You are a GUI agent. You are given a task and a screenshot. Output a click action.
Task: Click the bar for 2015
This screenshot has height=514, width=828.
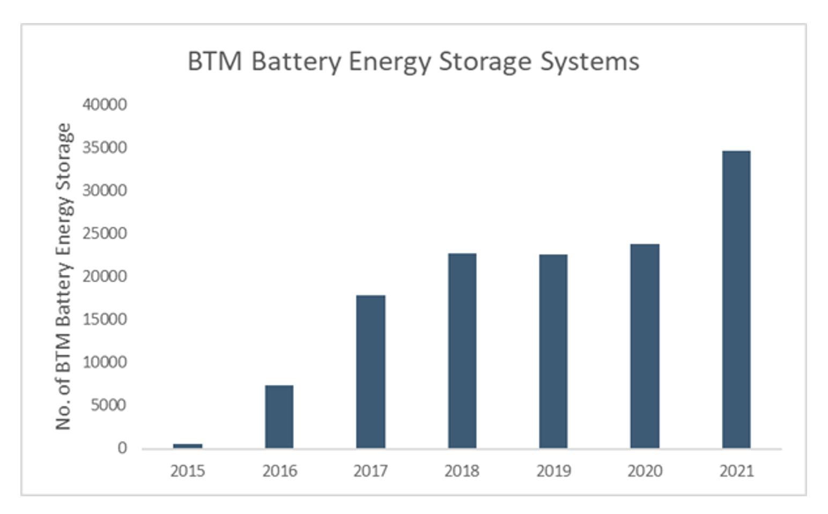188,445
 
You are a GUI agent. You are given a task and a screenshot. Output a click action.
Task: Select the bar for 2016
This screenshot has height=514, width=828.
279,416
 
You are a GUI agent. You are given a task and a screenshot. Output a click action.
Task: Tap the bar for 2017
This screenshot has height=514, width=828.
371,371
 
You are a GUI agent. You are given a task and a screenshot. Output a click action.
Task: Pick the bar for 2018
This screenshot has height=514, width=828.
462,350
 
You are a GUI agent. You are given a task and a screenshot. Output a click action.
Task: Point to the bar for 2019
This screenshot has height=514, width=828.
553,351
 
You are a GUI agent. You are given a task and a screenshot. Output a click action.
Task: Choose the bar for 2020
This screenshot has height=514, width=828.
645,346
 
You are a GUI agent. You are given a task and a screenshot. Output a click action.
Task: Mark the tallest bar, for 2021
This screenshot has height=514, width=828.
736,299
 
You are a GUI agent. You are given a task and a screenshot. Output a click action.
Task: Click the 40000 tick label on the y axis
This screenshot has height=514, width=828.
105,104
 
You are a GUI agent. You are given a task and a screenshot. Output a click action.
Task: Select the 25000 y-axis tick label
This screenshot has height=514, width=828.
105,233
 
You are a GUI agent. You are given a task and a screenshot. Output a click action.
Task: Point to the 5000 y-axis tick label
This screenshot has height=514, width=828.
108,405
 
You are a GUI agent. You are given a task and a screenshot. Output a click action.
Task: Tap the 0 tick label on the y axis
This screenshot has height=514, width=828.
122,448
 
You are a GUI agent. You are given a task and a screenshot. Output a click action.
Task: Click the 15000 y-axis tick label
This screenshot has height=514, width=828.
105,319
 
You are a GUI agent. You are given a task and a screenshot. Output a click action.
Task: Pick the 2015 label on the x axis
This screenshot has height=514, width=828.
188,471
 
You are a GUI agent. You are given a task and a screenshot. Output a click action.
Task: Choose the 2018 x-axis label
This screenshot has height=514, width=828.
462,471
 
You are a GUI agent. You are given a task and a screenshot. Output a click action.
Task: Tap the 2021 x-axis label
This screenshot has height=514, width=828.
736,471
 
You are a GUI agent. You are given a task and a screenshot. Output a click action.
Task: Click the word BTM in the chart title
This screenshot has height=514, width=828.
215,61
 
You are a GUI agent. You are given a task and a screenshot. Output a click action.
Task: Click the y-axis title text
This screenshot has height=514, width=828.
63,276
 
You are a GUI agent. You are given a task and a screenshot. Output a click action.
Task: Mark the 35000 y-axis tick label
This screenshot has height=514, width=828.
105,148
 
